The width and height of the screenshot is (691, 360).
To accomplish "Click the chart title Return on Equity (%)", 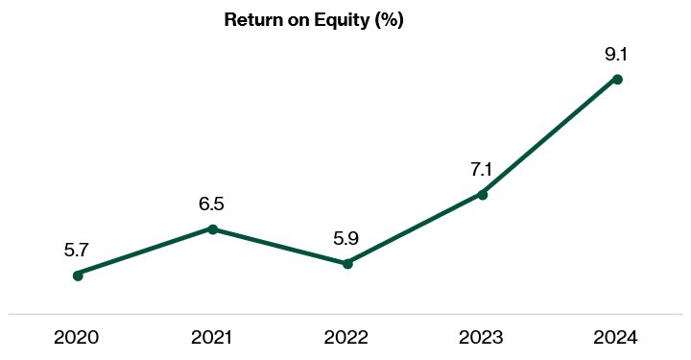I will tap(314, 20).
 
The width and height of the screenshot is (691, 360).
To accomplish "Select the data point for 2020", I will tap(78, 276).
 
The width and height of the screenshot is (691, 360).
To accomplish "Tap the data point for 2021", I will tap(213, 229).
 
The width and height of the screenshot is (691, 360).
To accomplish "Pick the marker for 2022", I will tap(347, 263).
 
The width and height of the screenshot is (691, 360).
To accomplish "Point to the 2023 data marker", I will tap(483, 195).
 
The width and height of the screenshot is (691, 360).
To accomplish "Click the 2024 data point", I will tap(617, 79).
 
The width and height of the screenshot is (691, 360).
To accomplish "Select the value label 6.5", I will tap(212, 204).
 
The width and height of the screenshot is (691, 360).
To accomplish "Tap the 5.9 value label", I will tap(347, 237).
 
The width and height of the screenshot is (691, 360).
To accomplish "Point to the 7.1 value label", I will tap(482, 170).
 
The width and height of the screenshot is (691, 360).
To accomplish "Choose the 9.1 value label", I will tap(616, 54).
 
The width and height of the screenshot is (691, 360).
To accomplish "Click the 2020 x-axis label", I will tap(78, 337).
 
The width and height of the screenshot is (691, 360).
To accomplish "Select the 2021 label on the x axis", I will tap(212, 337).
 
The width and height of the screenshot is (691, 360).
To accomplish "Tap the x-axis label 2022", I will tap(347, 337).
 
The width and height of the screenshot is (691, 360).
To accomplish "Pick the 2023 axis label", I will tap(482, 337).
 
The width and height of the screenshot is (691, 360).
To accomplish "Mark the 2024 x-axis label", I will tap(617, 337).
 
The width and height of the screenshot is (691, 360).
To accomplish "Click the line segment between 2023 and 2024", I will tap(550, 136).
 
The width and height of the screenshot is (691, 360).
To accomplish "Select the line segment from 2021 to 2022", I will tap(280, 246).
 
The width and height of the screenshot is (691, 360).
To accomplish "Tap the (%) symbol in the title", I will tap(388, 20).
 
